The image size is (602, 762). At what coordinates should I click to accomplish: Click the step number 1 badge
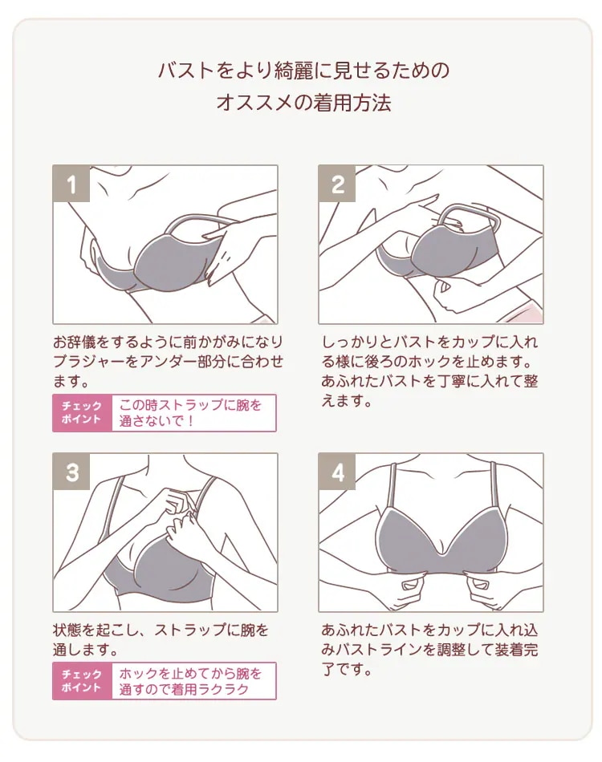[x=71, y=183]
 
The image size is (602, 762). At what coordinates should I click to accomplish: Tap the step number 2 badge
[x=337, y=183]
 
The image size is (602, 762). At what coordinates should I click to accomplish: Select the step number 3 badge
[x=71, y=472]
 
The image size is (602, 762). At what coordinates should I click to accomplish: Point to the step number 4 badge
[x=337, y=472]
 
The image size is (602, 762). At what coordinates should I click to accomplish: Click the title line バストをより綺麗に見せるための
[x=304, y=71]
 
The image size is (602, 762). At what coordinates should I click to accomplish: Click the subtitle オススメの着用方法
[x=304, y=103]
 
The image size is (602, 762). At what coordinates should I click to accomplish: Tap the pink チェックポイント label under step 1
[x=82, y=412]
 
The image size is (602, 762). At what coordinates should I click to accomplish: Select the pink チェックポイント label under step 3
[x=82, y=681]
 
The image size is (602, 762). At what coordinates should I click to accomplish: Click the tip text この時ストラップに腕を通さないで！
[x=190, y=412]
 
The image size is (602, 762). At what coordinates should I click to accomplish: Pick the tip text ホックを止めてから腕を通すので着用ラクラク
[x=190, y=681]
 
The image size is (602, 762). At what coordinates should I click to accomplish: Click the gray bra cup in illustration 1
[x=173, y=260]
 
